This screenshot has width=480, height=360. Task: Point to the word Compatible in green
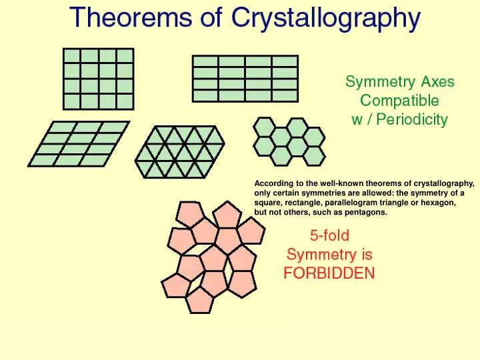click(399, 101)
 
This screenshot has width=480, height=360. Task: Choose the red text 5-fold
click(329, 235)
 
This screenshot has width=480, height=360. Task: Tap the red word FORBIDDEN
click(329, 273)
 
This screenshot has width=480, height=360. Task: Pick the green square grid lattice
click(98, 79)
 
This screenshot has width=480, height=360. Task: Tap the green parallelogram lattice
click(79, 143)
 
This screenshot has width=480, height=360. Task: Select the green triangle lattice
click(179, 151)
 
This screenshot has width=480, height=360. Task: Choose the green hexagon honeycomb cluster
click(289, 141)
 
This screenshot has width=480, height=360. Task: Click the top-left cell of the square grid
click(71, 56)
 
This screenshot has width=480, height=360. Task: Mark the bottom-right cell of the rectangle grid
click(285, 95)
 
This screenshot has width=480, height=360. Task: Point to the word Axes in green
click(437, 83)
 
